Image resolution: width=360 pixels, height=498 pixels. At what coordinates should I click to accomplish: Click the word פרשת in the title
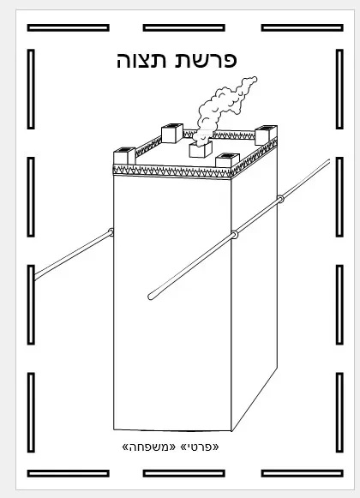tap(206, 60)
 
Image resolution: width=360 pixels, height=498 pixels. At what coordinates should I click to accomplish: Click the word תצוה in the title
tap(141, 60)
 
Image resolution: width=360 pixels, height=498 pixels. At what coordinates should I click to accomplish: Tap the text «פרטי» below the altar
tap(200, 447)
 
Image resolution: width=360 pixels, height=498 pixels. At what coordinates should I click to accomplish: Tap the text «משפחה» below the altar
tap(148, 447)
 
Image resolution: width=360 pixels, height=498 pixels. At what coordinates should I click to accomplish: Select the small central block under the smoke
tap(201, 149)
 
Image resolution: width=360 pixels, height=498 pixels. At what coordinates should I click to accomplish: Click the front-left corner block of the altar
tap(124, 156)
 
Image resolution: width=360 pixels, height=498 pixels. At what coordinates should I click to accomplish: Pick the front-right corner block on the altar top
tap(227, 160)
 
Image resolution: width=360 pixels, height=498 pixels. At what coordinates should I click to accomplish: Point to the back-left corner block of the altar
tap(172, 133)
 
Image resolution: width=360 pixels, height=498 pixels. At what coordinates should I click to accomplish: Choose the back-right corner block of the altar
tap(266, 135)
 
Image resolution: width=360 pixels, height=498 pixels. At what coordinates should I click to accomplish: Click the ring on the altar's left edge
tap(111, 232)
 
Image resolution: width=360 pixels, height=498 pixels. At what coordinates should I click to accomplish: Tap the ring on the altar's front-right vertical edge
tap(234, 235)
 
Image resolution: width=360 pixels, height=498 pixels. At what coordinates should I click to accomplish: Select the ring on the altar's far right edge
tap(280, 200)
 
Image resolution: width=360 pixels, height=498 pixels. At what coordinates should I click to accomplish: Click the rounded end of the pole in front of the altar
tap(151, 297)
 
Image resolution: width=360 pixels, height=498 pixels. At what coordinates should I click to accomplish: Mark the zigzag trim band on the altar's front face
tap(172, 171)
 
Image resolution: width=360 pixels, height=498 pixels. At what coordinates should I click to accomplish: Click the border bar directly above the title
tap(184, 28)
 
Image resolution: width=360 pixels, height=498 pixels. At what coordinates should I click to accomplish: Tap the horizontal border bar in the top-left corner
tap(69, 28)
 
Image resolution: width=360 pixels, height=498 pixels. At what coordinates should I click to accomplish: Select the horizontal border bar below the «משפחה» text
tap(184, 473)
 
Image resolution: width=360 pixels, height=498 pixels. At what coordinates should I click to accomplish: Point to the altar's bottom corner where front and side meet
tap(231, 431)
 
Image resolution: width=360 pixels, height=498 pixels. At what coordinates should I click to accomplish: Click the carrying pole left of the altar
tap(73, 255)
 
